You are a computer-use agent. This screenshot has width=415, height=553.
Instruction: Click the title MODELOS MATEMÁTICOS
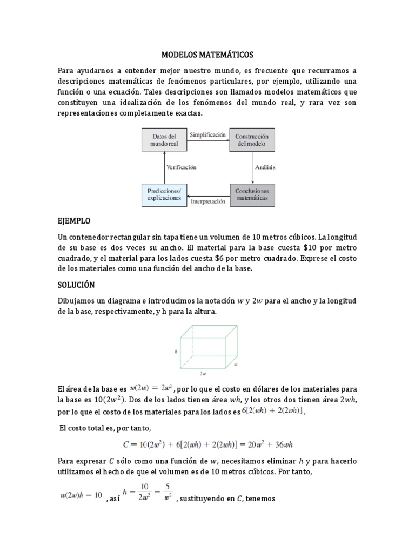click(x=207, y=55)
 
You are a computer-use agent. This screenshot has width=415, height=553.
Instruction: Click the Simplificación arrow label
click(x=207, y=135)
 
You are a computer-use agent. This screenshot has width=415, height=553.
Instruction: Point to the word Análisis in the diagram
click(x=265, y=167)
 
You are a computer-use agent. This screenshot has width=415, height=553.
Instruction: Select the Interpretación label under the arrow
click(x=207, y=201)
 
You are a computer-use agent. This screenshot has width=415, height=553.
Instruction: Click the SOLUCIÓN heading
click(x=76, y=285)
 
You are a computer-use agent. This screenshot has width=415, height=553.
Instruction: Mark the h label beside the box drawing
click(x=176, y=351)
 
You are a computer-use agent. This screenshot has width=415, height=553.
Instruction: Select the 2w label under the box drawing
click(x=202, y=373)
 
